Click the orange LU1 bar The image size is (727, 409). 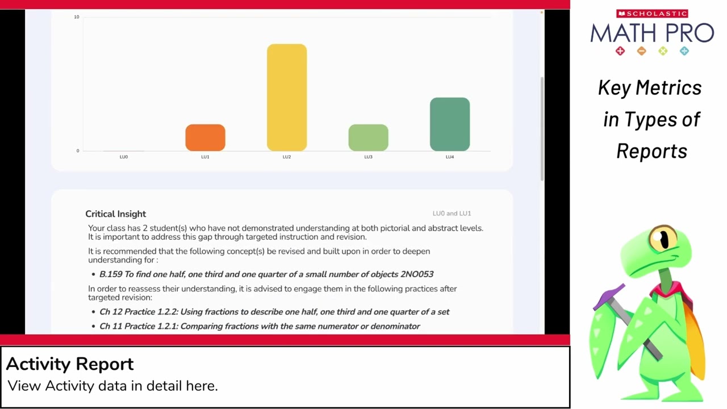(205, 137)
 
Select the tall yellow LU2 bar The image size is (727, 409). (287, 97)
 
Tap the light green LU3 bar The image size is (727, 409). (368, 137)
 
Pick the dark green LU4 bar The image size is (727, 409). (449, 124)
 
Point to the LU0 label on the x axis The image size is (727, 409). (124, 157)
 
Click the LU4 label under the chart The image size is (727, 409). (449, 157)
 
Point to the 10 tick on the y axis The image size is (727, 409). (77, 17)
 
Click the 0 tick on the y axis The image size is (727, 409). (78, 151)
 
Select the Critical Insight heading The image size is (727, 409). (115, 214)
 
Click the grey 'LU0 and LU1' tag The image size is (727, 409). (452, 213)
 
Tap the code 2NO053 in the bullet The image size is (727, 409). (417, 274)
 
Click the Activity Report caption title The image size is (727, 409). (70, 364)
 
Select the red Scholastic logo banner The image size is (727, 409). (652, 14)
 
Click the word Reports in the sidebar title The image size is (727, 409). (651, 151)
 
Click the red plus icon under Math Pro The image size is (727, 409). (620, 51)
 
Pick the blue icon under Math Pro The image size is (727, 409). (684, 51)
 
